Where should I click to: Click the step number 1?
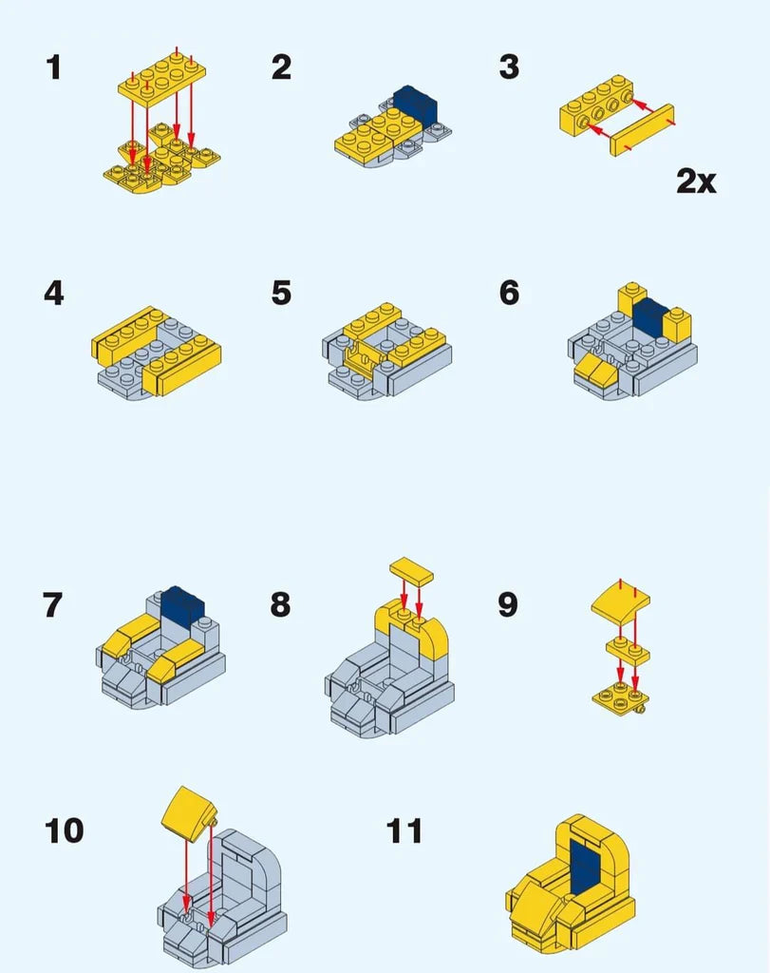pyautogui.click(x=54, y=67)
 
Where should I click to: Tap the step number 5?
pyautogui.click(x=281, y=293)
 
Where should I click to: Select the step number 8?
pyautogui.click(x=280, y=604)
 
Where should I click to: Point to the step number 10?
pyautogui.click(x=64, y=830)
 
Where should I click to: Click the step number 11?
pyautogui.click(x=404, y=830)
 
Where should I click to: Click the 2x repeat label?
pyautogui.click(x=696, y=181)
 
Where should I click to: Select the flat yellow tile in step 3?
pyautogui.click(x=642, y=129)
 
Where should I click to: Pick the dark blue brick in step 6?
pyautogui.click(x=649, y=317)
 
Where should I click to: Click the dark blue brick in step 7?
pyautogui.click(x=182, y=605)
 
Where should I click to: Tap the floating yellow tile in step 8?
pyautogui.click(x=412, y=571)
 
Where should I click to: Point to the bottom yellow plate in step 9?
pyautogui.click(x=620, y=696)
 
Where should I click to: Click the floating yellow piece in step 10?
pyautogui.click(x=187, y=813)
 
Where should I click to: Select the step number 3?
pyautogui.click(x=509, y=67)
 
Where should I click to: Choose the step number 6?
pyautogui.click(x=509, y=293)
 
